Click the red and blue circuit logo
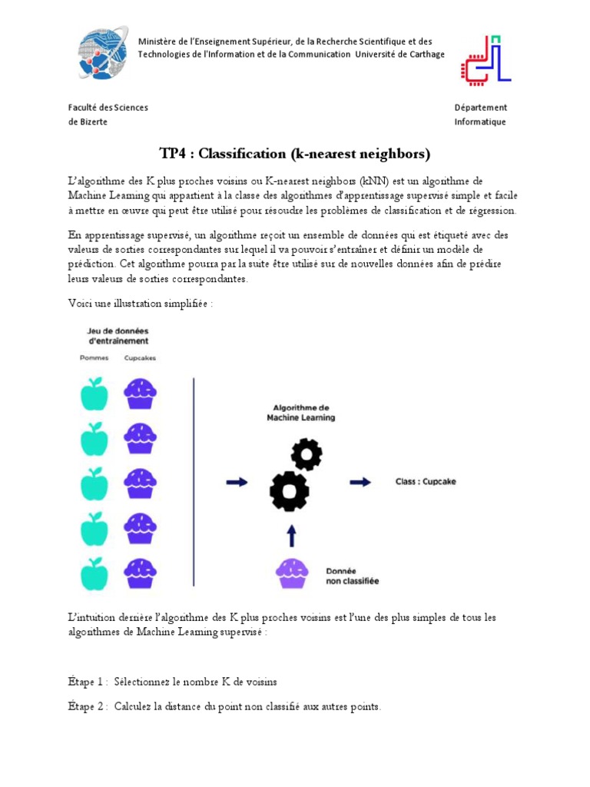pos(486,60)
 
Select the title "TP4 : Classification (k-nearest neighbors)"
pos(294,154)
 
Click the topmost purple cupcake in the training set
pos(141,393)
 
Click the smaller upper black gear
pos(307,454)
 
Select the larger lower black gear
pos(290,490)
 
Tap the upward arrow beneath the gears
pos(292,536)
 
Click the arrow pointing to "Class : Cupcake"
pos(360,482)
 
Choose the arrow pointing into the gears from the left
pos(237,482)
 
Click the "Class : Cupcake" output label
pos(426,482)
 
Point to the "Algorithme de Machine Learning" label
pos(300,412)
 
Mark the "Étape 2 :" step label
pos(88,707)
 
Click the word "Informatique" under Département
pos(480,122)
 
